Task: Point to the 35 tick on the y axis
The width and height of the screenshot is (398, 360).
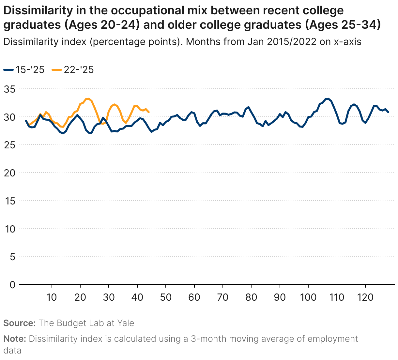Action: [10, 89]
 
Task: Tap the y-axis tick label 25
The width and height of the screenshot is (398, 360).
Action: [10, 145]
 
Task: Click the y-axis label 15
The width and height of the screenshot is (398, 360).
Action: [10, 201]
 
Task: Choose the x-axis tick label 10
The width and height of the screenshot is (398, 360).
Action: [52, 297]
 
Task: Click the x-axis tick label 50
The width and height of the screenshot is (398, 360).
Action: [166, 297]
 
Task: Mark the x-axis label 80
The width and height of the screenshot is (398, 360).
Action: [251, 297]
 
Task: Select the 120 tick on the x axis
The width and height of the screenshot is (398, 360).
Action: [365, 297]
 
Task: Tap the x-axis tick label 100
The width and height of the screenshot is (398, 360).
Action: [308, 297]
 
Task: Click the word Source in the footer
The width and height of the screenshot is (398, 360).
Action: [19, 323]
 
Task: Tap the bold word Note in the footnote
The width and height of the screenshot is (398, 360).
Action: [14, 339]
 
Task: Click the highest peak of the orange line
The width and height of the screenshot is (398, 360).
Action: [88, 98]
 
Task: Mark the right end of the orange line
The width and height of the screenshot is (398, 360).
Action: [149, 112]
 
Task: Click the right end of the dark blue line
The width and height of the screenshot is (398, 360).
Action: [388, 112]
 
